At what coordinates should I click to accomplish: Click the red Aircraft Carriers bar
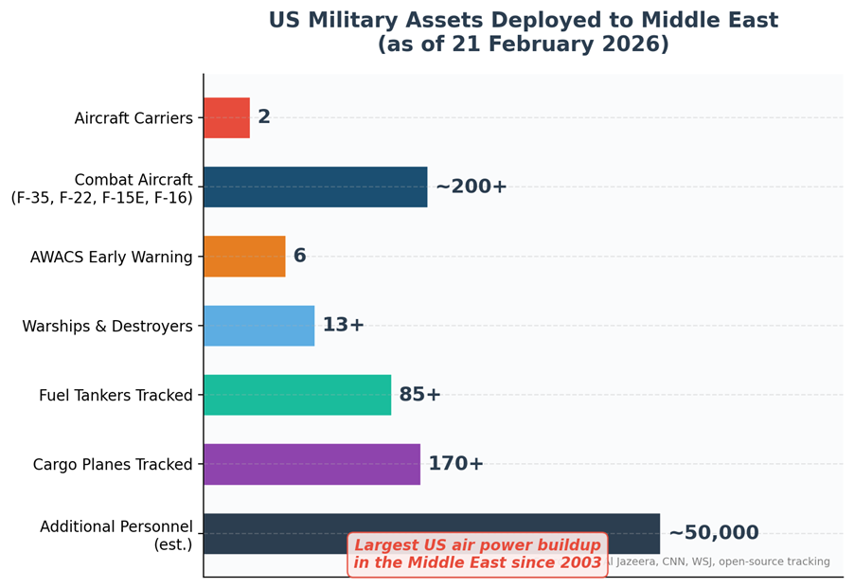click(x=226, y=117)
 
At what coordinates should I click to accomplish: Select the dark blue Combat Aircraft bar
click(x=315, y=187)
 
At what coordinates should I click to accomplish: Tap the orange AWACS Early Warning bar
click(x=244, y=257)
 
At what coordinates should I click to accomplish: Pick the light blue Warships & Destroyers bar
click(x=258, y=326)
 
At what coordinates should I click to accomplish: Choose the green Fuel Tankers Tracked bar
click(x=297, y=395)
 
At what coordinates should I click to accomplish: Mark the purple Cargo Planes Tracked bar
click(x=311, y=464)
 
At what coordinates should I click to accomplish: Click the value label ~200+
click(x=471, y=187)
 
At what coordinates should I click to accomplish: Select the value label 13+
click(x=343, y=326)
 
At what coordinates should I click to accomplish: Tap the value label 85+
click(x=419, y=395)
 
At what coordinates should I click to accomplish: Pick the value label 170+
click(x=455, y=464)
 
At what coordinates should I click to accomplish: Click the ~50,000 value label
click(x=713, y=533)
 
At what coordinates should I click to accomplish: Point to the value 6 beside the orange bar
click(x=299, y=257)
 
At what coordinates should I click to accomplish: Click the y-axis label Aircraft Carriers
click(x=133, y=118)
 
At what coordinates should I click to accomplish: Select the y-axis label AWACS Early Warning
click(x=111, y=258)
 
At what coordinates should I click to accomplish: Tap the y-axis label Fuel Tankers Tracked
click(x=116, y=396)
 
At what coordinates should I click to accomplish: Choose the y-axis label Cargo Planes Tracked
click(x=113, y=465)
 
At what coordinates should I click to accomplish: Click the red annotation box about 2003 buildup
click(x=478, y=554)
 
